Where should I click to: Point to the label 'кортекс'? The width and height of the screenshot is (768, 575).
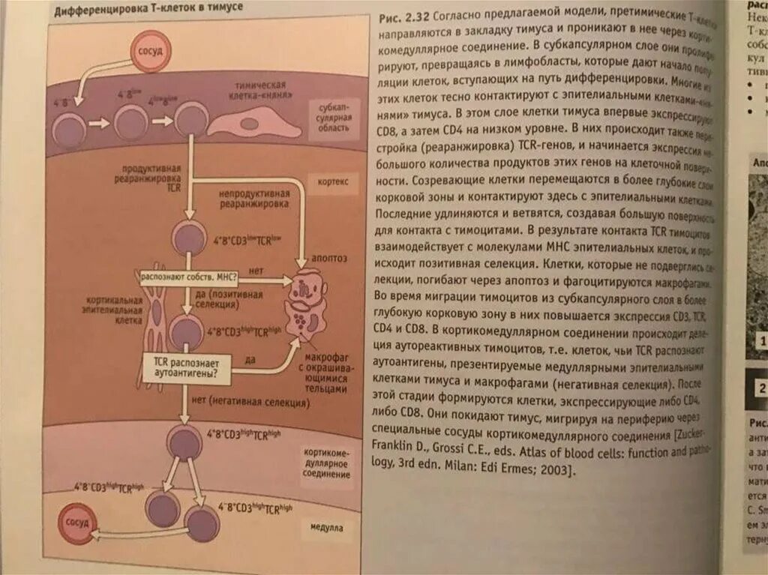click(x=327, y=182)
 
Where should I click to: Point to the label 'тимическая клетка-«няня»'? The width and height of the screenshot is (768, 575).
click(x=265, y=91)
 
